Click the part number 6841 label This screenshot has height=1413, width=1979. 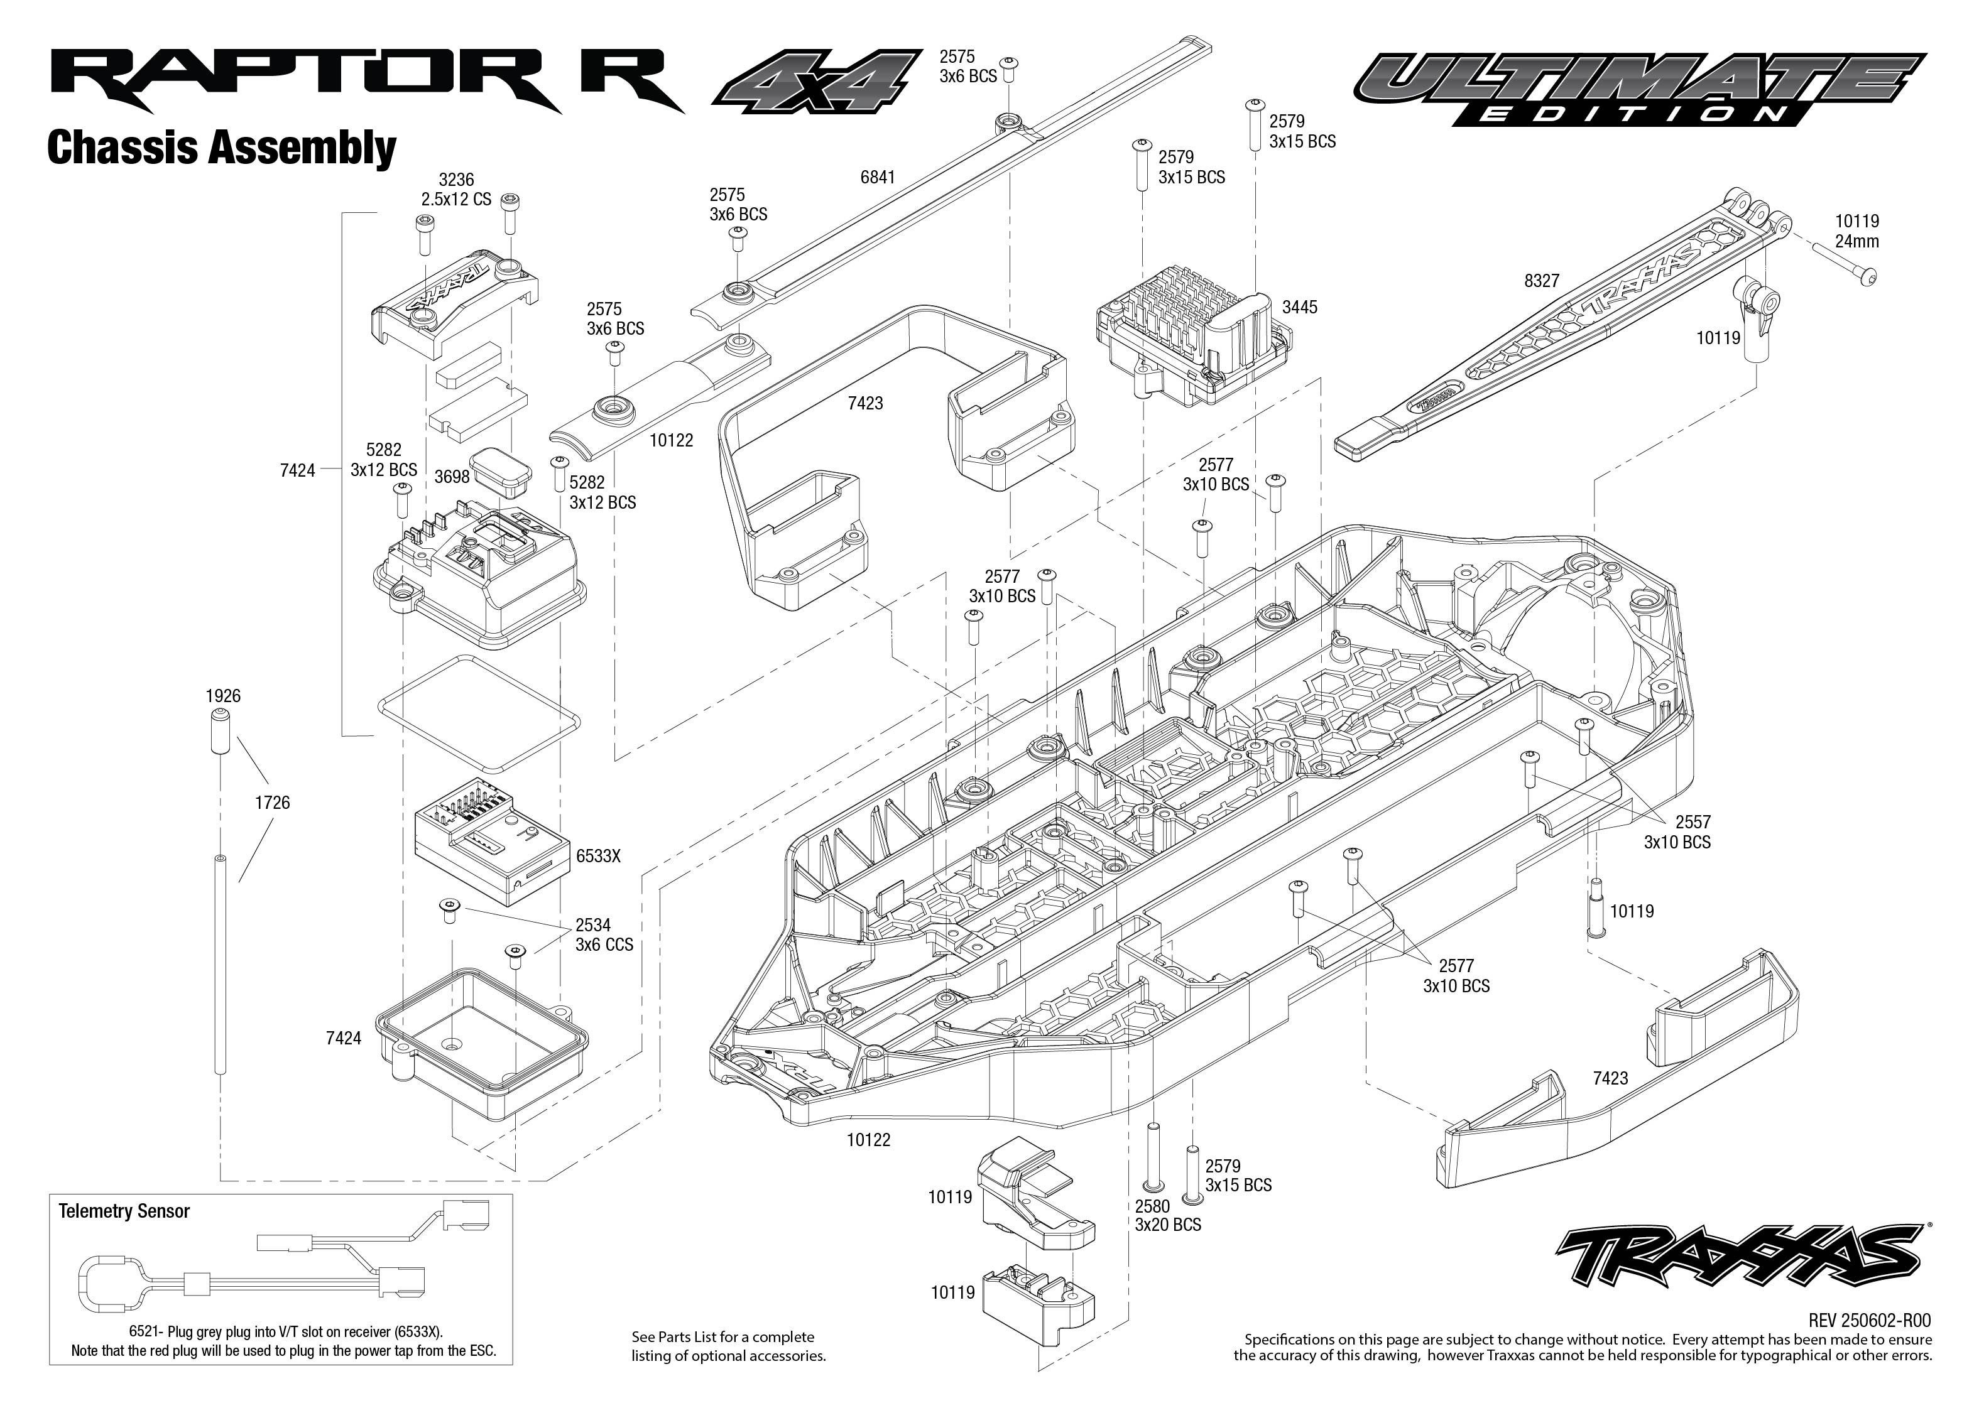click(x=877, y=178)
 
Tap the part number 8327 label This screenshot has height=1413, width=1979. click(x=1541, y=281)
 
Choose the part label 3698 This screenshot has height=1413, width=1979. click(x=452, y=476)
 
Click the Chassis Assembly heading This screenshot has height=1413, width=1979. click(x=221, y=148)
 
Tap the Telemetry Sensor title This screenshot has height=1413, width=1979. click(x=124, y=1211)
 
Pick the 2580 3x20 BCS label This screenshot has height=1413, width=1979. click(x=1167, y=1215)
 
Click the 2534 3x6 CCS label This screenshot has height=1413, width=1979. click(x=604, y=934)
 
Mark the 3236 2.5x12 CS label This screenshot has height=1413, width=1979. click(x=456, y=189)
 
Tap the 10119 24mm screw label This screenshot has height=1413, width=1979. click(x=1856, y=232)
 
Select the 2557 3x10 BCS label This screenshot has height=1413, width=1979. click(x=1677, y=832)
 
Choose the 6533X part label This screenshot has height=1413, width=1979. click(x=598, y=856)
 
